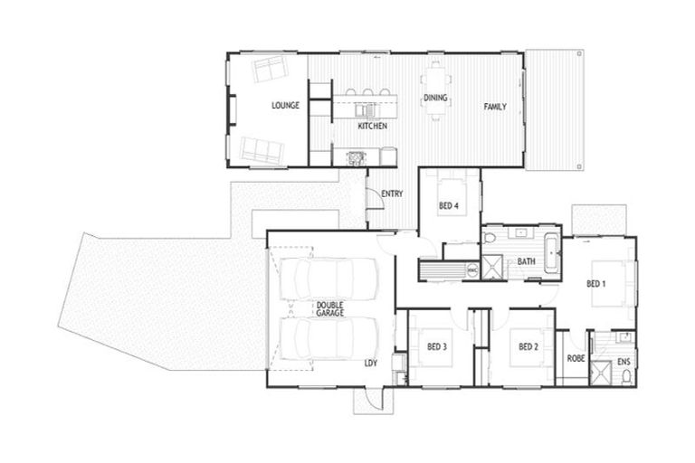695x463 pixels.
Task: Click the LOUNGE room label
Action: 285,106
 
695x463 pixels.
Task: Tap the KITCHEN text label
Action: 372,127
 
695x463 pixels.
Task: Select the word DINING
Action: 435,98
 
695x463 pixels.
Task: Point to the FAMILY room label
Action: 494,107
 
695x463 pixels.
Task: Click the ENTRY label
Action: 392,194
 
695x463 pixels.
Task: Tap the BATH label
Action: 526,262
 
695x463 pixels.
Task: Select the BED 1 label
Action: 595,284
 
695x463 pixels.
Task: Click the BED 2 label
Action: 528,346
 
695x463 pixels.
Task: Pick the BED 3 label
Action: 438,346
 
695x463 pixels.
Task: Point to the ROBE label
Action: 576,359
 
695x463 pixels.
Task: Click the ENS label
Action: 624,363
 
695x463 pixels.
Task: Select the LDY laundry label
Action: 370,364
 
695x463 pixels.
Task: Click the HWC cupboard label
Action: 471,269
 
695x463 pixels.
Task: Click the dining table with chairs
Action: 436,90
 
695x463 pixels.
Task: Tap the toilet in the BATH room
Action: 490,239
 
